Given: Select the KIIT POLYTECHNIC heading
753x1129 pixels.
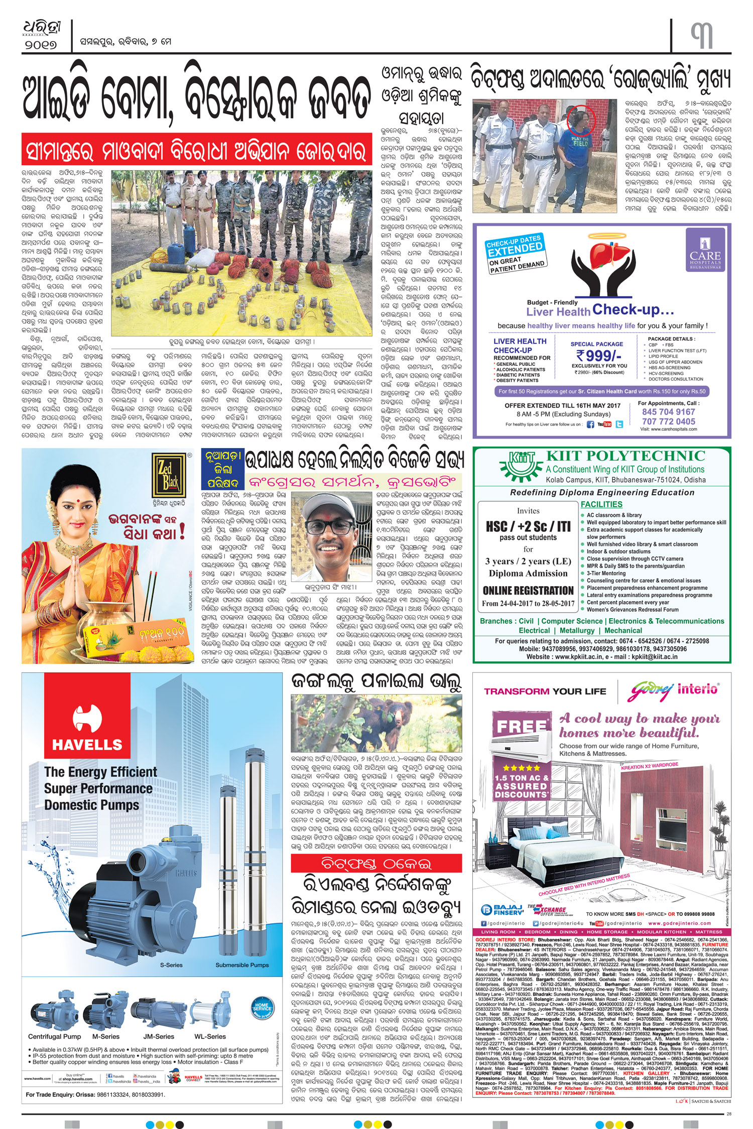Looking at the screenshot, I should (x=625, y=456).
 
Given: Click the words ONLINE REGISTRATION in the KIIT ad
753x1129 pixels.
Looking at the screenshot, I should (x=528, y=591).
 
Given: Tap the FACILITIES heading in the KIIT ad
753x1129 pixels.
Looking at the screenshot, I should (x=601, y=504).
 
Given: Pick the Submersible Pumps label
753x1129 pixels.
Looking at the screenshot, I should (x=242, y=965).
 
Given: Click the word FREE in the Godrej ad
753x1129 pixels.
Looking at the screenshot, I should (x=521, y=727).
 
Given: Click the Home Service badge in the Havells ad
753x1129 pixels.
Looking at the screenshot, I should (x=262, y=1007).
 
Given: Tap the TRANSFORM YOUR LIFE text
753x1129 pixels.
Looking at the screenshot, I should (x=545, y=691).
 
